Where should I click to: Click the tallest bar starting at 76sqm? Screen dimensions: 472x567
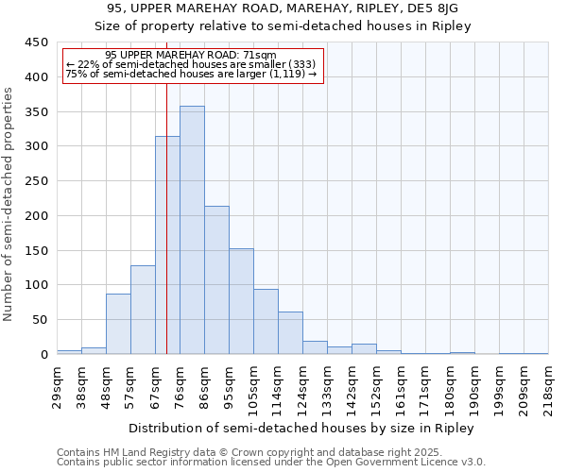192,230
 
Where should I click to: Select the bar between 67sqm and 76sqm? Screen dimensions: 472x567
167,245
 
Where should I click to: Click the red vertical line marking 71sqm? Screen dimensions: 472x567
166,189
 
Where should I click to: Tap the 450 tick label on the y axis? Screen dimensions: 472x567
36,42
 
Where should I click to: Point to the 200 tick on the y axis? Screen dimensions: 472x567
36,216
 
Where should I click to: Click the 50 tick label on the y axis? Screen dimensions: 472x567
40,320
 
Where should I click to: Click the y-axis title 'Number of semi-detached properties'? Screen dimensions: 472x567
9,204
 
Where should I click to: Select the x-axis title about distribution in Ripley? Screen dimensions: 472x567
301,428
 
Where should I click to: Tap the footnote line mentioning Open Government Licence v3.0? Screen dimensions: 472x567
271,463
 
